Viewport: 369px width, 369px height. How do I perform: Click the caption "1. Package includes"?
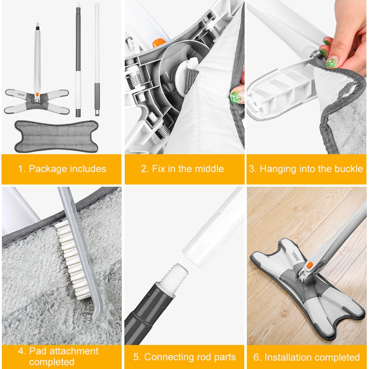pyautogui.click(x=62, y=169)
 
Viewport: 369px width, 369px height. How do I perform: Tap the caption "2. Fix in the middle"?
pyautogui.click(x=182, y=169)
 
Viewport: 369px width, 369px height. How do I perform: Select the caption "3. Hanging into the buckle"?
pyautogui.click(x=306, y=169)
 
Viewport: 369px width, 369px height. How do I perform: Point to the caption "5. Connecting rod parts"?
pyautogui.click(x=184, y=357)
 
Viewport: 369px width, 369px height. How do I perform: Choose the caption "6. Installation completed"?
pyautogui.click(x=306, y=357)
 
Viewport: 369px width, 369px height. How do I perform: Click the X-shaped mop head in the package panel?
pyautogui.click(x=37, y=101)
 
